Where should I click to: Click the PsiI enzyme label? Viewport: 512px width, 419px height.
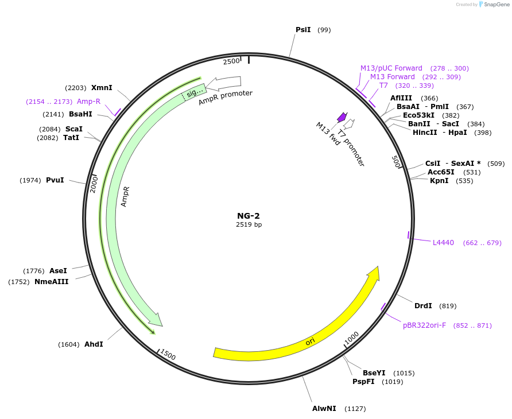click(302, 30)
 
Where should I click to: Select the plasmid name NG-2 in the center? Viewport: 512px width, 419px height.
click(249, 216)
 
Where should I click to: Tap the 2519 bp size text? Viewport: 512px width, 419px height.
click(249, 225)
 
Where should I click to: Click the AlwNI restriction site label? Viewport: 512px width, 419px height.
click(324, 409)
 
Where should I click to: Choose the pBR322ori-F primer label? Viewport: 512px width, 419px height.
click(424, 325)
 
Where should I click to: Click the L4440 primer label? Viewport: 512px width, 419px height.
click(443, 243)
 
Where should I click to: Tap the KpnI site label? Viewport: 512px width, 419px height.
click(439, 181)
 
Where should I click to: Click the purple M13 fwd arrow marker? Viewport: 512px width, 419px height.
click(342, 117)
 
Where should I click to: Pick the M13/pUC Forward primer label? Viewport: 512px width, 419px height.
click(391, 68)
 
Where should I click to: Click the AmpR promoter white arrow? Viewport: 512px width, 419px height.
click(223, 84)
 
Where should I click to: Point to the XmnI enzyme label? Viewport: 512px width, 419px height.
click(102, 88)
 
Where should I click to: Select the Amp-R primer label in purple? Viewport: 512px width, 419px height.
click(88, 102)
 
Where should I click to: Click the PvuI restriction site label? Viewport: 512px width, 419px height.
click(55, 180)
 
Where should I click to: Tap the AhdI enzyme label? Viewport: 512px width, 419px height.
click(94, 344)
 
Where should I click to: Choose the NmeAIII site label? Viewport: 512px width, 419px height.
click(52, 282)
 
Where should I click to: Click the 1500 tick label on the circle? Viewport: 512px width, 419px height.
click(168, 355)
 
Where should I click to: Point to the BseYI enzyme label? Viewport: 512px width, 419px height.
click(374, 373)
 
